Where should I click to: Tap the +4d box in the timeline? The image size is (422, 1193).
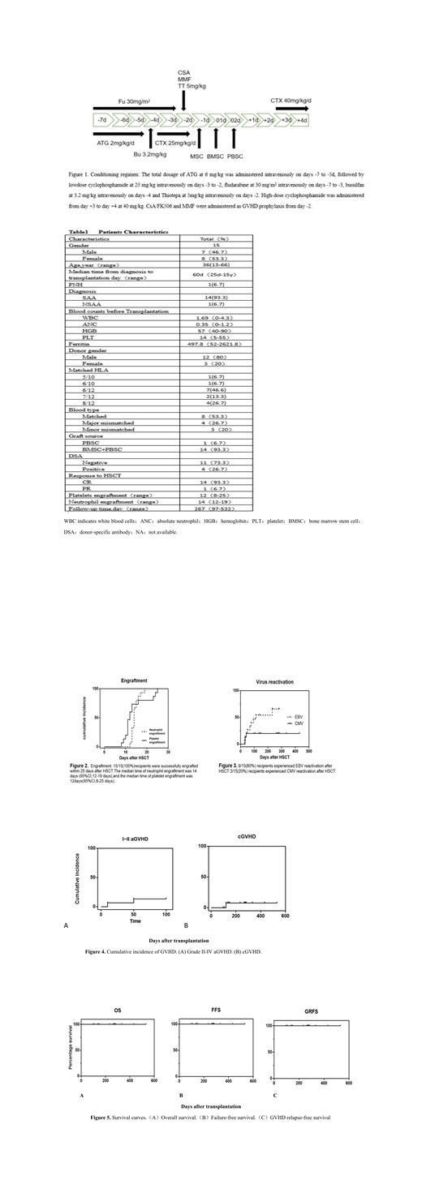(x=301, y=120)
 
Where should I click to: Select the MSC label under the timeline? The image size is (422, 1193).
(x=197, y=155)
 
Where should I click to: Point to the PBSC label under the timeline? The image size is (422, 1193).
(x=235, y=155)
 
